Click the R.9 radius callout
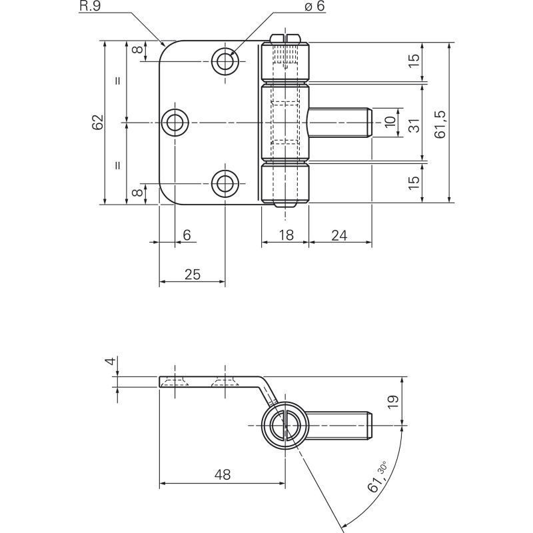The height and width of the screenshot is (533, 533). (90, 6)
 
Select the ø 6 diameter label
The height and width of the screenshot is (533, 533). (314, 6)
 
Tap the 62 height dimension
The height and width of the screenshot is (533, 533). (98, 122)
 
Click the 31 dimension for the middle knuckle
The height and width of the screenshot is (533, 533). (414, 125)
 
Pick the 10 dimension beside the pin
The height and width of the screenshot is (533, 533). (390, 121)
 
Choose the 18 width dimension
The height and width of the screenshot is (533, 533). (286, 235)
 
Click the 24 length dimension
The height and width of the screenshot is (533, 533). (339, 235)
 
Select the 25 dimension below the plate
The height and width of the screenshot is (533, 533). (193, 274)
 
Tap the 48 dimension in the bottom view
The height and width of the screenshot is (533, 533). (223, 474)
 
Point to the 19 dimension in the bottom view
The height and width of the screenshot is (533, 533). (393, 402)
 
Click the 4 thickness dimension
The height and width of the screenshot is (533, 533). (111, 361)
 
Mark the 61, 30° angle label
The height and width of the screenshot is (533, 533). (377, 477)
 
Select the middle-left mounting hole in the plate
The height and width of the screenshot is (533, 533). (175, 123)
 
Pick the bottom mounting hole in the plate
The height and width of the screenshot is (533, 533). (225, 184)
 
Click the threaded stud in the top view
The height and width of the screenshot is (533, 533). (340, 123)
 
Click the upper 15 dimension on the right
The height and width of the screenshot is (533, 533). (414, 61)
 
